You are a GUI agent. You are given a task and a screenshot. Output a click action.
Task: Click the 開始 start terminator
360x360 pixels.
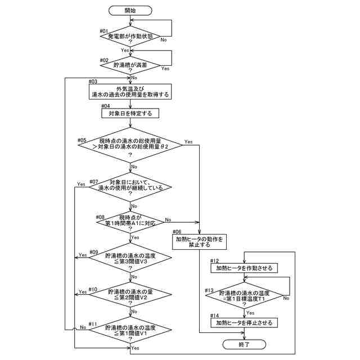coord(130,10)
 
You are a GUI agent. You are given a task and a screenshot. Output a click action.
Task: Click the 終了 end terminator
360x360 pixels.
coord(244,343)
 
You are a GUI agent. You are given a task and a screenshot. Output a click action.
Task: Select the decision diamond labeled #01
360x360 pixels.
coord(130,38)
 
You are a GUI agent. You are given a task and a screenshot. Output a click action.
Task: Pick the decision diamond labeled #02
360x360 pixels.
coord(130,66)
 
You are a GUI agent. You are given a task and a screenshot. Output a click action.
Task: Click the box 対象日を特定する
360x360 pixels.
coord(130,114)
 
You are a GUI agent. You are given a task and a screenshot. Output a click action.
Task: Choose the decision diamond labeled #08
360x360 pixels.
coord(130,221)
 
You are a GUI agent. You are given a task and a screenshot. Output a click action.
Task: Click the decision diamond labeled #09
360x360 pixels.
coord(130,258)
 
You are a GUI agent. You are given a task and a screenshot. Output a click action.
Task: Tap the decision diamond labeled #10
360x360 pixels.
coord(130,294)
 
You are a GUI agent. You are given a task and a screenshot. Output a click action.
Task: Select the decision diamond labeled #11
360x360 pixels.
coord(130,330)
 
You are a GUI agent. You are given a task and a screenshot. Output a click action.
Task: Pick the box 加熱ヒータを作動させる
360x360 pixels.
coord(244,268)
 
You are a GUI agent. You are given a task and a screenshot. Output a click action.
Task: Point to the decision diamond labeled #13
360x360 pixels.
coord(244,295)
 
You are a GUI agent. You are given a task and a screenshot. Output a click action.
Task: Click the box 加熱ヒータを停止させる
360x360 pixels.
coord(244,323)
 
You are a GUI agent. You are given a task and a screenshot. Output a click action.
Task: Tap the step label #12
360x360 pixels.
coord(214,261)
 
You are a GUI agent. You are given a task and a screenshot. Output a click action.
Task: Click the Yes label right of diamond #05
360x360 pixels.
coord(188,142)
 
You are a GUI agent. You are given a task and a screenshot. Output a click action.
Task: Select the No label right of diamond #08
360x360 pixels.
coord(168,219)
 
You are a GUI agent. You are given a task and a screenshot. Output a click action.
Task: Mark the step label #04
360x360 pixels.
coord(106,106)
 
